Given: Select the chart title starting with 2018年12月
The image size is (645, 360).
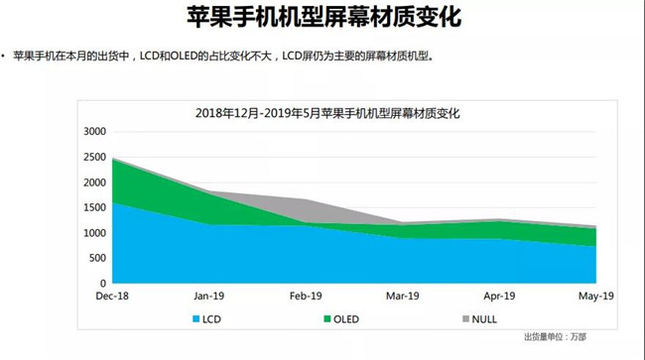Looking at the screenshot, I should coord(327,113).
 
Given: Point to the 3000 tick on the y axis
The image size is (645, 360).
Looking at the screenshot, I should coord(95,132).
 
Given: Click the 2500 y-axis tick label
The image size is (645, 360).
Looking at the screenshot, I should coord(95,158).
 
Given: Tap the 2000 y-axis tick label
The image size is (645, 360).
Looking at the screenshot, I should coord(95,182).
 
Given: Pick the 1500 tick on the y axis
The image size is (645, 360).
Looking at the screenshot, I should coord(95,208).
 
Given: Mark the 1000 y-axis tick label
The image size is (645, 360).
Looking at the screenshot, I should coord(95,233).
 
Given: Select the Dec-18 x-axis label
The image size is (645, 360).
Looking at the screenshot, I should coord(112,296).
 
